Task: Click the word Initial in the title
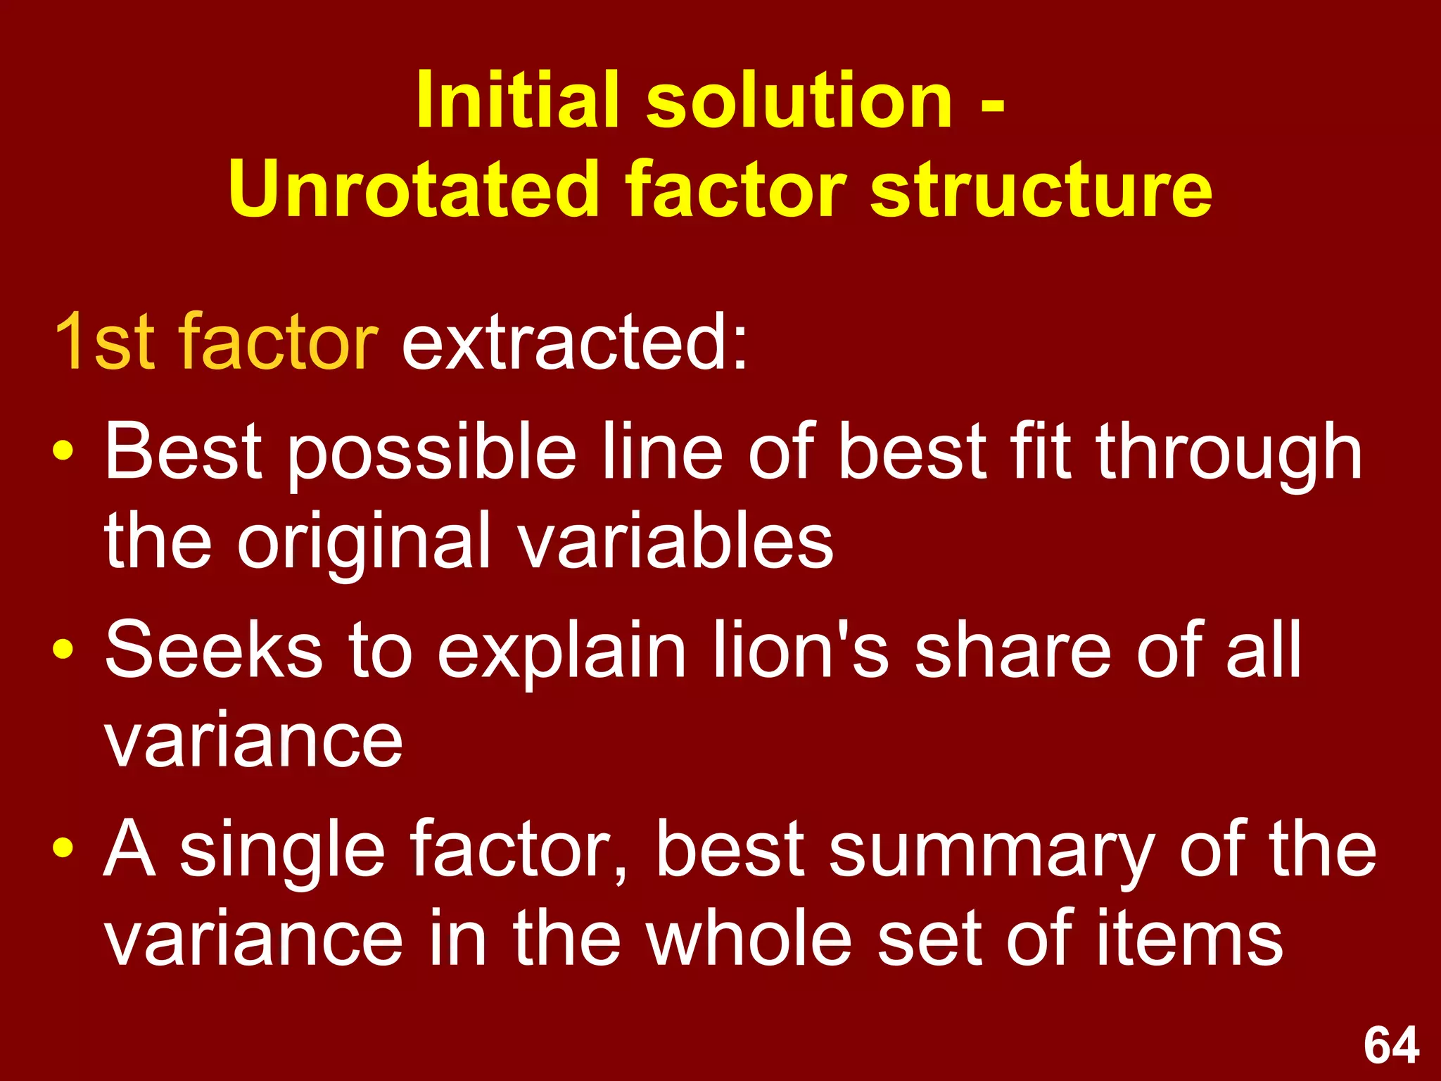pyautogui.click(x=518, y=101)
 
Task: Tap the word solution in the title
pyautogui.click(x=799, y=101)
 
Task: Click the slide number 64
pyautogui.click(x=1391, y=1045)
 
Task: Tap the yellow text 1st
pyautogui.click(x=104, y=342)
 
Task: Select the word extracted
pyautogui.click(x=573, y=342)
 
